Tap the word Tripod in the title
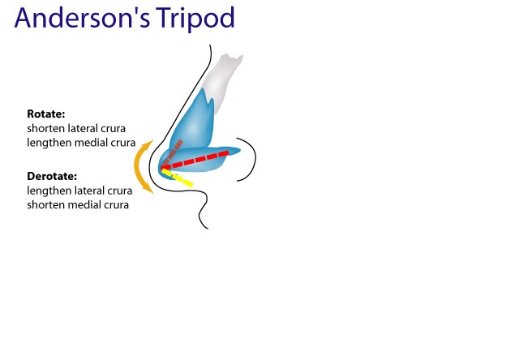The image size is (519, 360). click(195, 20)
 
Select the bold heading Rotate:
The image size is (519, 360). click(46, 114)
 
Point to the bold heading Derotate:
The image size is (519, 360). click(54, 175)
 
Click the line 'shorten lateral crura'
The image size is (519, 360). click(76, 128)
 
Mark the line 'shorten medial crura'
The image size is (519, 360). click(78, 204)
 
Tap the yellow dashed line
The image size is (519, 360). click(179, 178)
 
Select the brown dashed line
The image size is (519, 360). click(173, 154)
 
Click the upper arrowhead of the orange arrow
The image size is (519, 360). click(147, 144)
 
